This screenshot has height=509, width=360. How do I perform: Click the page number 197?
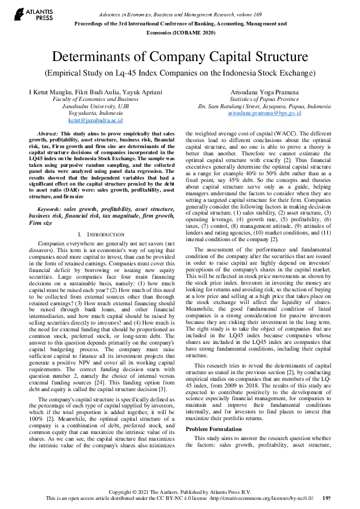327,498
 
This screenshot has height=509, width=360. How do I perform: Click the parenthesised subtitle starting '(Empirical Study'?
180,73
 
